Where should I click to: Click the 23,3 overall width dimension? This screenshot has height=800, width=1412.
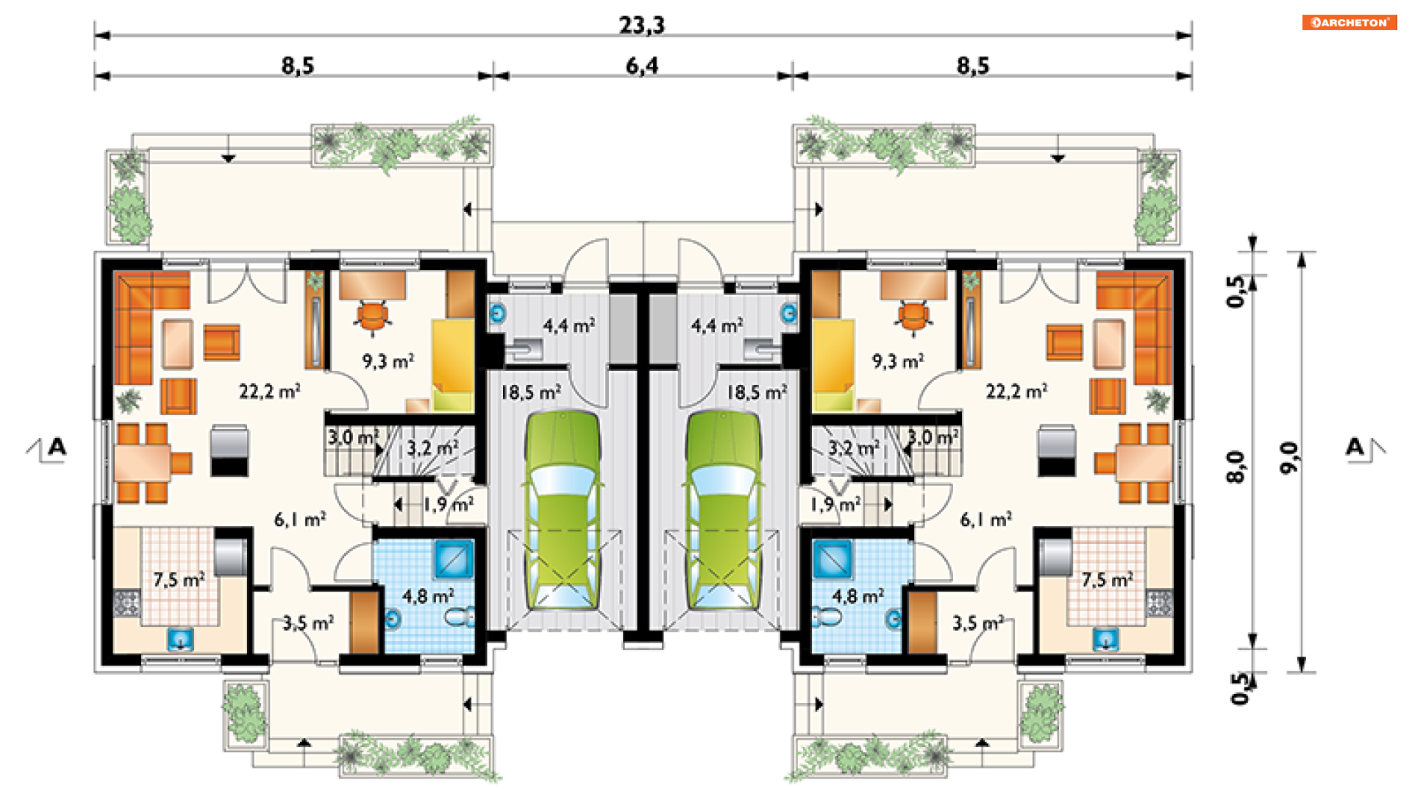pyautogui.click(x=641, y=25)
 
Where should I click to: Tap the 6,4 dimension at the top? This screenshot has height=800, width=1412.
pyautogui.click(x=642, y=66)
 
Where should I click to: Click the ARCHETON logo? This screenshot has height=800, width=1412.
pyautogui.click(x=1349, y=22)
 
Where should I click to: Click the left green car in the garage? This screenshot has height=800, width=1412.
pyautogui.click(x=562, y=511)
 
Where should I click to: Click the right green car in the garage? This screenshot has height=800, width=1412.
pyautogui.click(x=724, y=511)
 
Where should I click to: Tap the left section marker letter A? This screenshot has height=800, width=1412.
pyautogui.click(x=57, y=446)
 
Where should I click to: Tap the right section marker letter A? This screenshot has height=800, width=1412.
pyautogui.click(x=1355, y=446)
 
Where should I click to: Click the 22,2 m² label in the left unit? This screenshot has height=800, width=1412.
pyautogui.click(x=269, y=391)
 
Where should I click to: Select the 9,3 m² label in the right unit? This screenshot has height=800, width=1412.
pyautogui.click(x=898, y=361)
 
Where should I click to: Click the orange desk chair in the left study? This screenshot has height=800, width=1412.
pyautogui.click(x=373, y=316)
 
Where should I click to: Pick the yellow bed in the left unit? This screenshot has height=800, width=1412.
pyautogui.click(x=452, y=364)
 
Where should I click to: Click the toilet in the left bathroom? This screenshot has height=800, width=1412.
pyautogui.click(x=460, y=617)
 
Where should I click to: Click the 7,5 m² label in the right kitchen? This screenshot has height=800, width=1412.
pyautogui.click(x=1107, y=579)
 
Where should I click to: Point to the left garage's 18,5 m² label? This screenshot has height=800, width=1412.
pyautogui.click(x=530, y=392)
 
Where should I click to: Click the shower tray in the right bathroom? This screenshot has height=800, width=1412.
pyautogui.click(x=832, y=559)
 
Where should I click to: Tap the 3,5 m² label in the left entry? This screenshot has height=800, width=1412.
pyautogui.click(x=308, y=623)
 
